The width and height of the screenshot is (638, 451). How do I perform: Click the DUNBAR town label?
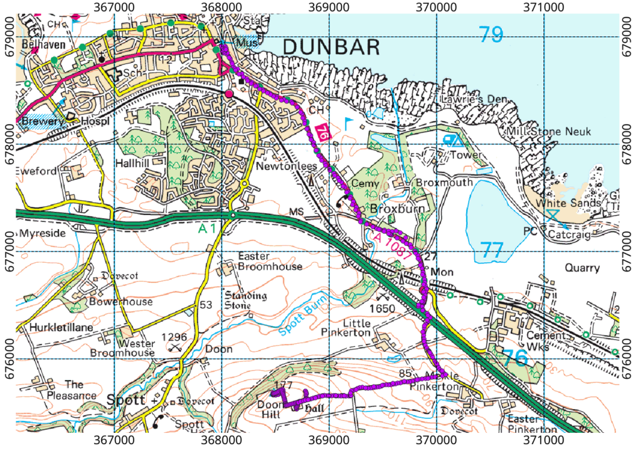[331, 46]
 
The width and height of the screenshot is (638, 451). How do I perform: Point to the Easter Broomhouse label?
[271, 262]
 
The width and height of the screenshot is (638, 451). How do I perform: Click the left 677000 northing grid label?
[7, 234]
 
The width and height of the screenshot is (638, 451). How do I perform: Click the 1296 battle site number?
[174, 336]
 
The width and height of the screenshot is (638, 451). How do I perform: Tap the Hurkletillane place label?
[57, 326]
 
